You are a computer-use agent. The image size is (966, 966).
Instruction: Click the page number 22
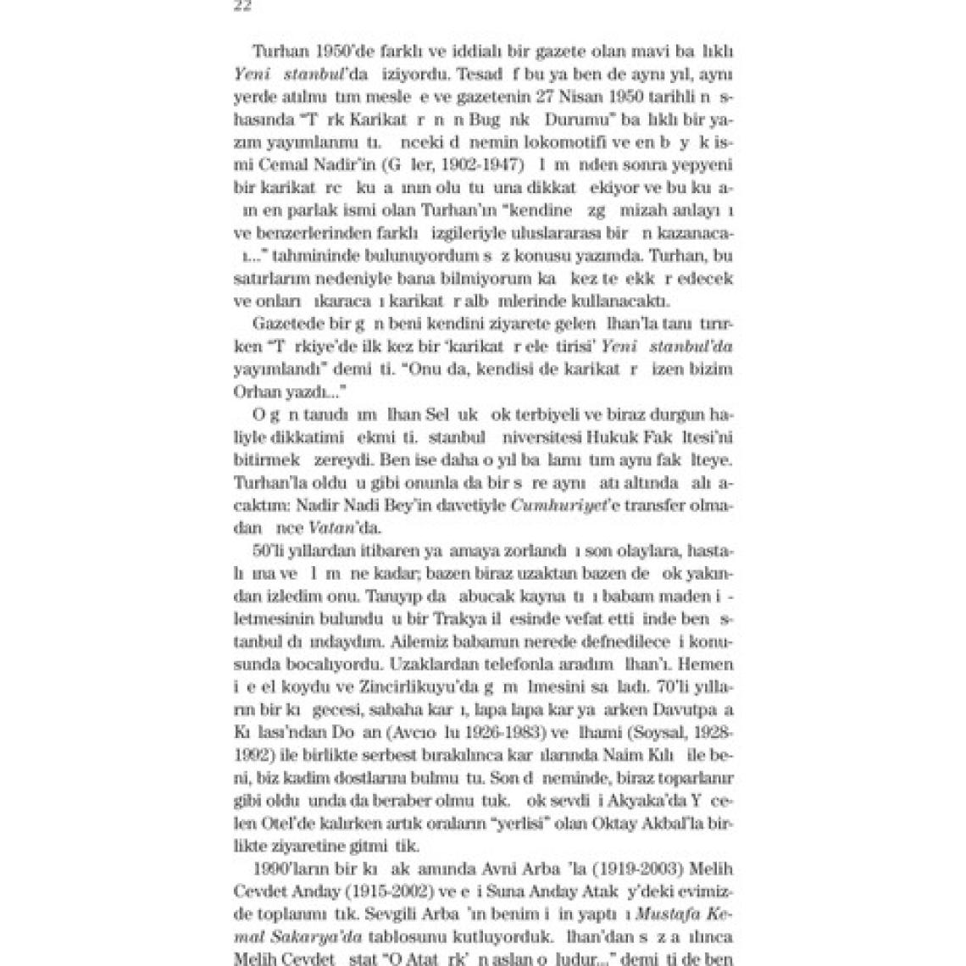click(x=242, y=6)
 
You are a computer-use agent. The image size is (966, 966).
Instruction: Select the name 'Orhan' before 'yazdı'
click(x=254, y=391)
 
